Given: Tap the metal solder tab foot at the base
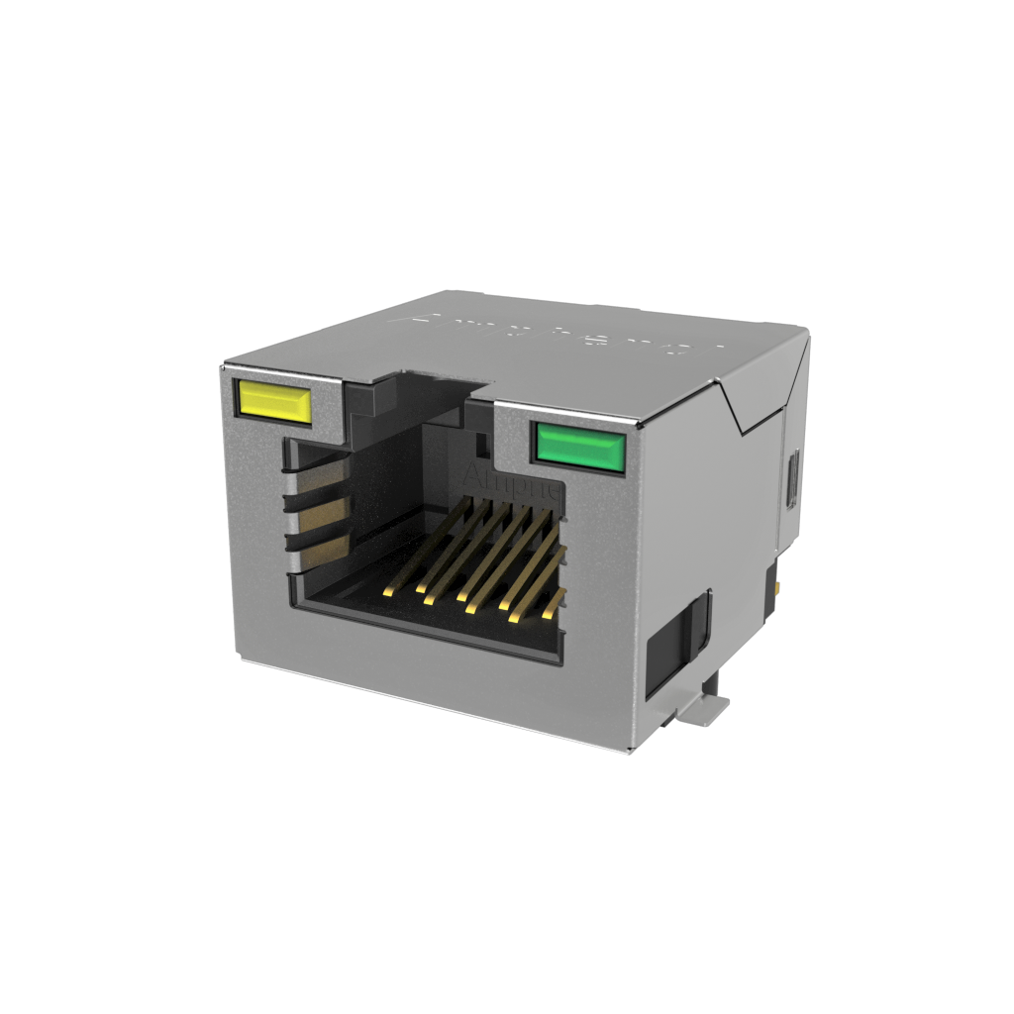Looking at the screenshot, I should click(706, 704).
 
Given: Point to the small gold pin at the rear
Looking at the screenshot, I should click(783, 591).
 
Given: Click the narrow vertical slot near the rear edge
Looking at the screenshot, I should click(792, 480).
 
